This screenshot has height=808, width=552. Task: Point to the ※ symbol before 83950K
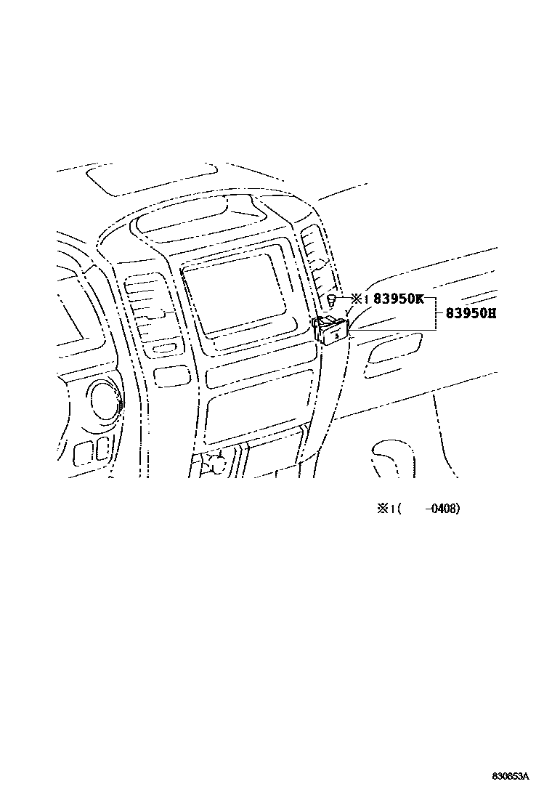(357, 298)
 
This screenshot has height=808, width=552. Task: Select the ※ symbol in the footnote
(382, 509)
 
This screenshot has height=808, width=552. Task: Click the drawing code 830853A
(509, 777)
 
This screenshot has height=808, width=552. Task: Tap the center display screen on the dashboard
(232, 290)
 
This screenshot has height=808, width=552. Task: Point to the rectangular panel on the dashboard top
(150, 179)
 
